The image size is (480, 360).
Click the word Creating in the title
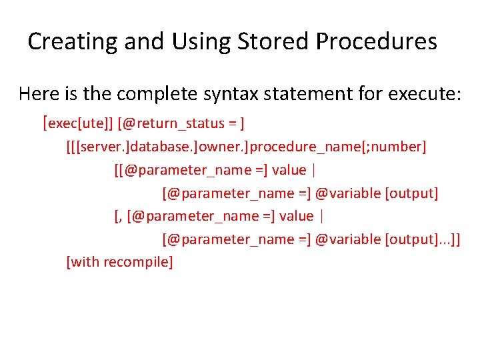click(x=65, y=42)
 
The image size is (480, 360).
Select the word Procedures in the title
click(x=377, y=42)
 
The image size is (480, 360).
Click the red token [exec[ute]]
click(x=77, y=123)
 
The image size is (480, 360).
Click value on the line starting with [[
click(x=289, y=170)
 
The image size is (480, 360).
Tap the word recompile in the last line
click(x=141, y=262)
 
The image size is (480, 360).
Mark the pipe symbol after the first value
click(x=313, y=170)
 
